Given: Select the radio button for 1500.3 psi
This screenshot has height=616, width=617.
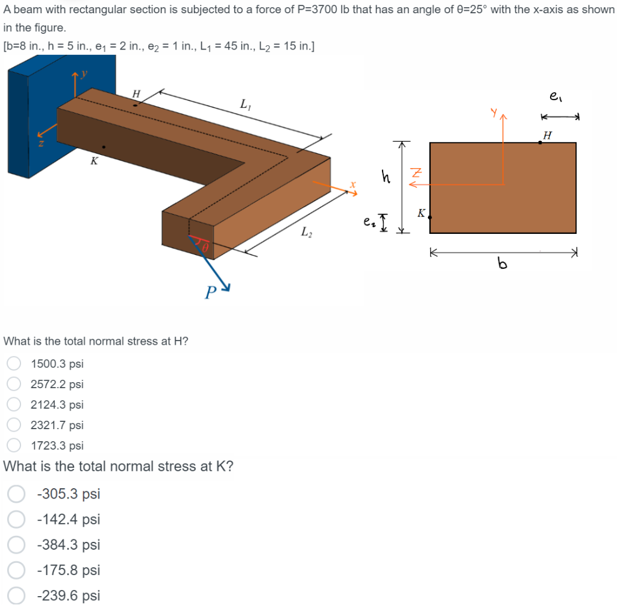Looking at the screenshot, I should tap(14, 363).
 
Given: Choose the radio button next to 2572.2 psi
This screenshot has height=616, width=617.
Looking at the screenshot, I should tap(14, 384).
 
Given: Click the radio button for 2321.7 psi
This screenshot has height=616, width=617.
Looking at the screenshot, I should tap(14, 425).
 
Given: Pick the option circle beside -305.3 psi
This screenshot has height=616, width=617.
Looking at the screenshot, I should tap(16, 494).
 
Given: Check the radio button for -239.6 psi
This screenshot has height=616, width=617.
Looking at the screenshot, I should tap(16, 596).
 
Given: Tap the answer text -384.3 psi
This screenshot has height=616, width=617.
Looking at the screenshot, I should tap(68, 545).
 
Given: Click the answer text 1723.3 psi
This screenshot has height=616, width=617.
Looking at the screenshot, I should tap(57, 445).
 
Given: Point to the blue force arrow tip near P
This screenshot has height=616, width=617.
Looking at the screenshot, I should tap(228, 288).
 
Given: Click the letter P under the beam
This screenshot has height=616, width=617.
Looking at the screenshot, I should tap(210, 294).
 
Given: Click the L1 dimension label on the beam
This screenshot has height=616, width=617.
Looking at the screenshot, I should tap(245, 104).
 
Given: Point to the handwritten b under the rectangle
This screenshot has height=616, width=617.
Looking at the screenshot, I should tap(502, 263).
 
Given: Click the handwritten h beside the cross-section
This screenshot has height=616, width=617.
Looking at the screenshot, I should tap(386, 176).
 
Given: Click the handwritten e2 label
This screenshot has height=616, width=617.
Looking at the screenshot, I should tap(368, 222).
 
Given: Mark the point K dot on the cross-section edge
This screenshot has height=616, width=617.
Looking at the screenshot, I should tap(430, 217).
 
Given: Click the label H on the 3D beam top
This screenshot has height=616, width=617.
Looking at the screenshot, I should tap(136, 94).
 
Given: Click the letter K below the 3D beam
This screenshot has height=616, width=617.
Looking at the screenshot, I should tap(93, 161).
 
